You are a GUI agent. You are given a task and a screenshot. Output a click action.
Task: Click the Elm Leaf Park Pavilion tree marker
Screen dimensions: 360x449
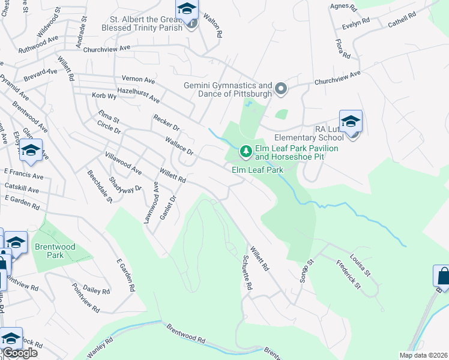(x=245, y=150)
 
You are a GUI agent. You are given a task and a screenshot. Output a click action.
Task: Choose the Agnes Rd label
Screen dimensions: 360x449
(x=343, y=8)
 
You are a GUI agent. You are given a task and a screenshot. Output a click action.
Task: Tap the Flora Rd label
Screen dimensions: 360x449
(x=343, y=49)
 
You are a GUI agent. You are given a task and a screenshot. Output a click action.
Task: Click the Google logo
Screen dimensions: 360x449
(x=20, y=353)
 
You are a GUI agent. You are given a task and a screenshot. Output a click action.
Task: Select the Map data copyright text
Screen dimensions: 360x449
(x=424, y=355)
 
